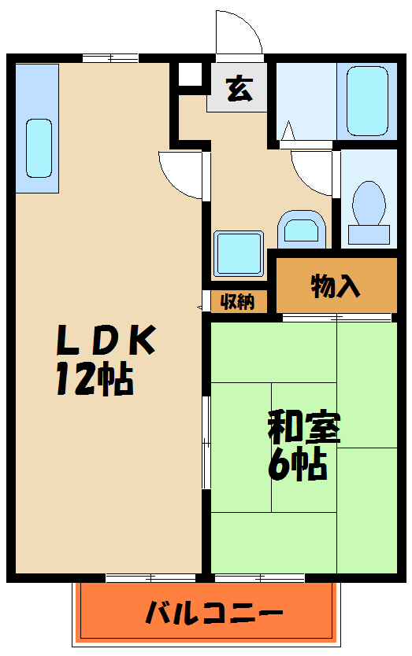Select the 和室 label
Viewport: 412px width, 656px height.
pos(303,427)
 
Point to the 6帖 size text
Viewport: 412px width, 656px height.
pos(297,466)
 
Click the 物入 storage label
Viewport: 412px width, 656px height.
pos(336,286)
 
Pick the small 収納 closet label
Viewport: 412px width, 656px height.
pos(236,301)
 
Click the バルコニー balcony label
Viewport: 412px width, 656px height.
pos(213,613)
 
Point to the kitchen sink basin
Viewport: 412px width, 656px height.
pos(39,148)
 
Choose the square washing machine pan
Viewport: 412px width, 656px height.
pos(238,252)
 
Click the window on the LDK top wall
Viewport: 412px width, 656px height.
pos(110,57)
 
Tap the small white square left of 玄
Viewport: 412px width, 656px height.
pos(189,76)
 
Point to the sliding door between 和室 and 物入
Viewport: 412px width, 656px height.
pos(337,318)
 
